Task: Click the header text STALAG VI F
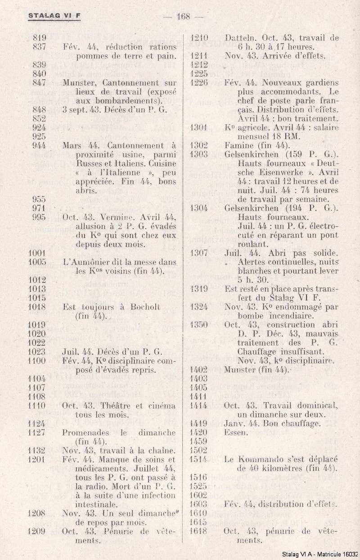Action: pos(54,16)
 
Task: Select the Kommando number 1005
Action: pos(37,261)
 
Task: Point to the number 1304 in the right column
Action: pos(198,208)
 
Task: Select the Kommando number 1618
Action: pos(198,531)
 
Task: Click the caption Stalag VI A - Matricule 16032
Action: pos(320,555)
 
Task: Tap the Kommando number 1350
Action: pos(198,325)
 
